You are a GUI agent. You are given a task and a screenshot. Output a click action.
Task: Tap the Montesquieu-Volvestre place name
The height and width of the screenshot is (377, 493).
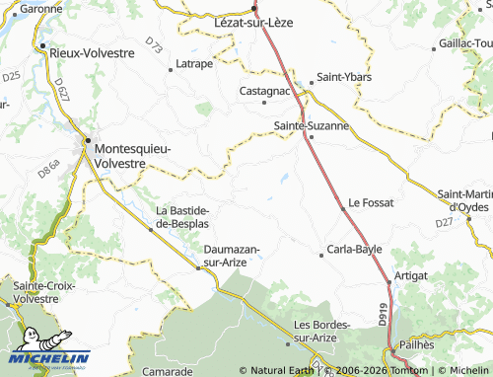pos(131,155)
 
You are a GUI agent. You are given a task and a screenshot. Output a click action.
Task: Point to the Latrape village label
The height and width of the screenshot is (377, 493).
pos(194,64)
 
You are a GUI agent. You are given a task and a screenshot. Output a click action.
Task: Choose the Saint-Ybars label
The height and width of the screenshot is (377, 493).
pos(341,80)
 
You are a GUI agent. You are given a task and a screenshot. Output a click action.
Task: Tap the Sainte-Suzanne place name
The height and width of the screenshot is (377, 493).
pos(311,126)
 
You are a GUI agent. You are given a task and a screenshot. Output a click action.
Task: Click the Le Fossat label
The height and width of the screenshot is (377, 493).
pos(372,202)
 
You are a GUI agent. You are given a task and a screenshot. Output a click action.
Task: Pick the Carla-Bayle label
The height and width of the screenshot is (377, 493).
pos(355,250)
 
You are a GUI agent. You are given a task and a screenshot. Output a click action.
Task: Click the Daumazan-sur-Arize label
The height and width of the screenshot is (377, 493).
pos(231,257)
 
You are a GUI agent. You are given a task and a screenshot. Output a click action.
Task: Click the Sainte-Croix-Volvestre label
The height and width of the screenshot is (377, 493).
pos(36,291)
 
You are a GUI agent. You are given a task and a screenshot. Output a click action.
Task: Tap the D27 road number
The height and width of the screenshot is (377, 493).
pos(444,223)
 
